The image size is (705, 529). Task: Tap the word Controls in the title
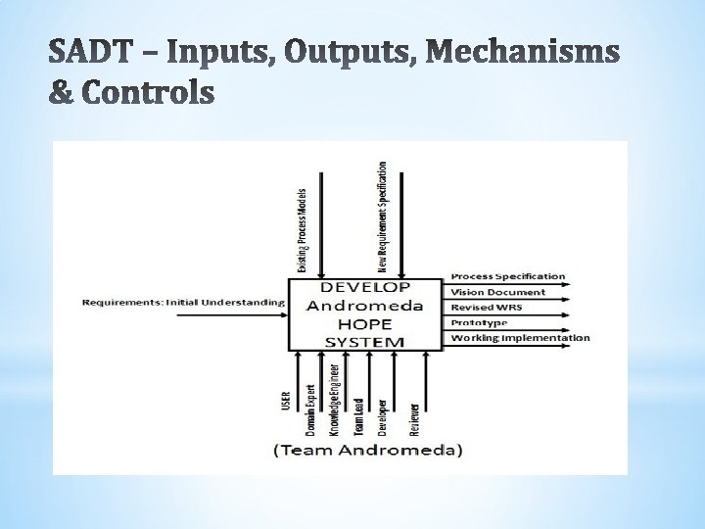(148, 92)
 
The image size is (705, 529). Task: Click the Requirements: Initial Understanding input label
(183, 302)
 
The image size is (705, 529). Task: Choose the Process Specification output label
(507, 276)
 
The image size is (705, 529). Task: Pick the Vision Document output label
(497, 292)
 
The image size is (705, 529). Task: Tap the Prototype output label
(479, 322)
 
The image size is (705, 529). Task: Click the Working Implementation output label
(520, 338)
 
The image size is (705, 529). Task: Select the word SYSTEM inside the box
(364, 341)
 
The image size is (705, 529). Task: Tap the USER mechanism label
(286, 402)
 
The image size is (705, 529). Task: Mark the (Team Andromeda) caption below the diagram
(367, 451)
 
